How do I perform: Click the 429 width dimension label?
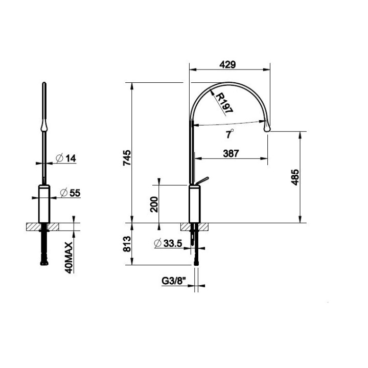click(x=227, y=64)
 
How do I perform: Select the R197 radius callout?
click(x=224, y=103)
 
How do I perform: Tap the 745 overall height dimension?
click(x=127, y=158)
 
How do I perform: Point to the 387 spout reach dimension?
click(x=231, y=153)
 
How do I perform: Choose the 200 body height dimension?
click(x=154, y=204)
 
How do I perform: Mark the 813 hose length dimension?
click(x=127, y=244)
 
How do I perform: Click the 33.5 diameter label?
click(x=168, y=243)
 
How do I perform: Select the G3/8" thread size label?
click(x=174, y=281)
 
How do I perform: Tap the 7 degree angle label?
click(x=229, y=134)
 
